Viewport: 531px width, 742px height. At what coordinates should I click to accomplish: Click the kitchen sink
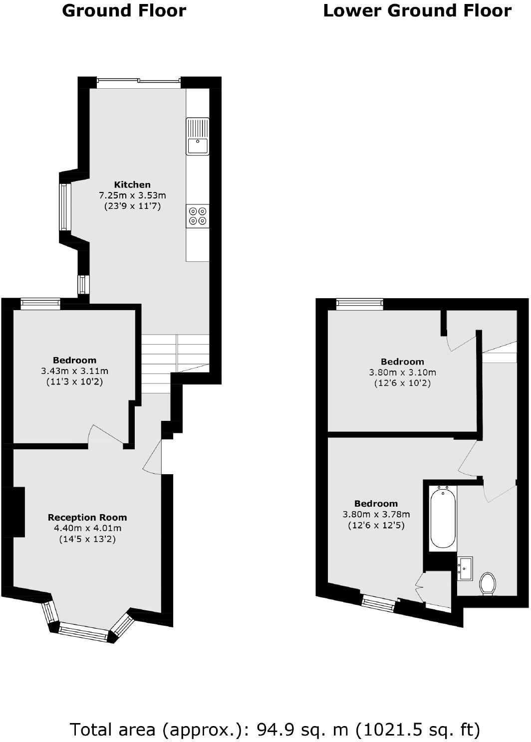coord(198,137)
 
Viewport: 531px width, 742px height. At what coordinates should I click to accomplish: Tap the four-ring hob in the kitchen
coord(198,216)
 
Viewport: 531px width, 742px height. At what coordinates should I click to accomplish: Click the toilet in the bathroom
coord(488,583)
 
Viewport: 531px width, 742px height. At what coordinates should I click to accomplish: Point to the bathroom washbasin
coord(465,568)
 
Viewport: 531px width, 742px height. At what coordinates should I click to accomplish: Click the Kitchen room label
coord(132,185)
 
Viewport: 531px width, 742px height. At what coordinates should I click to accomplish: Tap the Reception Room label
coord(87,518)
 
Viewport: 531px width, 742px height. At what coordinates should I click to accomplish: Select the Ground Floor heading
coord(124,10)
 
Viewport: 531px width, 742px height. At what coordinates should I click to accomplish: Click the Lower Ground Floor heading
coord(417,10)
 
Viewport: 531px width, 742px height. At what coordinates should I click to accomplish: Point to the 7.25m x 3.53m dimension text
coord(132,195)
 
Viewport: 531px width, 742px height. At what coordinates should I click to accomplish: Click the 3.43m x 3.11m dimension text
coord(75,371)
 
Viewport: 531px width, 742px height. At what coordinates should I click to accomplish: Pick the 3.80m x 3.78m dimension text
coord(376,515)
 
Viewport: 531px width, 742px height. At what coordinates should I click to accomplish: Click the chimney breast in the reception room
coord(18,512)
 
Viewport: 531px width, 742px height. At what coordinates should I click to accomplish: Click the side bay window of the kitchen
coord(64,207)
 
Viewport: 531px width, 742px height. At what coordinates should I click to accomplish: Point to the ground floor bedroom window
coord(40,303)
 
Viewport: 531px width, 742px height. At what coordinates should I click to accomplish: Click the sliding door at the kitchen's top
coord(138,82)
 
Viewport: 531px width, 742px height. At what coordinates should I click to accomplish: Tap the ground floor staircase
coord(175,359)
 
